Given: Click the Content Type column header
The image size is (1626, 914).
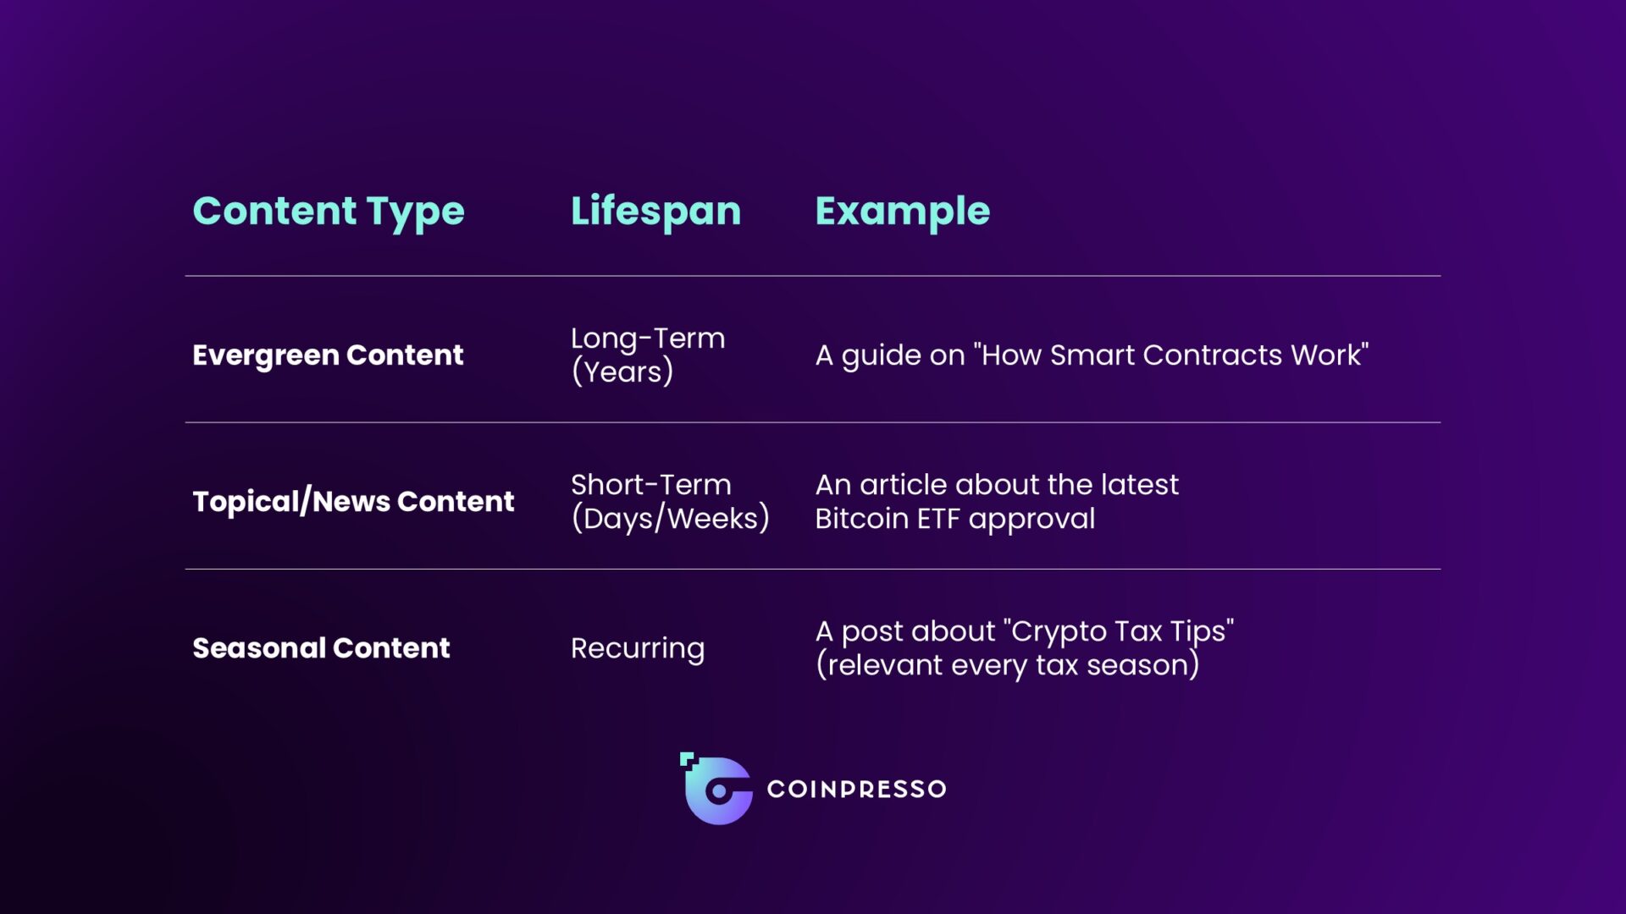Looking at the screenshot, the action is pos(329,212).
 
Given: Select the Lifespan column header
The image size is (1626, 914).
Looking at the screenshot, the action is pos(655,212).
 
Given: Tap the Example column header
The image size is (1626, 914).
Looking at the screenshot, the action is pos(902,212).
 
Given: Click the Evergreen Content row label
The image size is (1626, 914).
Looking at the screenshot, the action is pos(328,355).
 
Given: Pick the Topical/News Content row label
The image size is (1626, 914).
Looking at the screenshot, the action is pos(353,502).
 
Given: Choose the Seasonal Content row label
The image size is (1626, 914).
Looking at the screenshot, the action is pos(321,648).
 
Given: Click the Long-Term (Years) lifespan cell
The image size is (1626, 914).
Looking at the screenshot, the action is pos(648,355).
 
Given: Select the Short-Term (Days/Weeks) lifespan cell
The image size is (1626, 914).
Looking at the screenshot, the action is pos(670,502).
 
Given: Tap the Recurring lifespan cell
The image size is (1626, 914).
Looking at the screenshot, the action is pos(638,649).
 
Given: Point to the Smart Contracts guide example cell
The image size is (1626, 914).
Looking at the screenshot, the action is pos(1092,355).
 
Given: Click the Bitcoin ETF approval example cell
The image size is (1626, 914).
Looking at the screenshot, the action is pos(997,502).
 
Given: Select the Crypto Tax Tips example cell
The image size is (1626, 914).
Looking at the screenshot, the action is pos(1025,648).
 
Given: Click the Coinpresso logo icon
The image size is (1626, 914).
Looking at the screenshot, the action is pos(716,789).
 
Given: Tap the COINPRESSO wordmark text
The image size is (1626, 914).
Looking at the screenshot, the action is pos(856,790).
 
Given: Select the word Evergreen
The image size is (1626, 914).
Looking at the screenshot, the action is pos(266,355).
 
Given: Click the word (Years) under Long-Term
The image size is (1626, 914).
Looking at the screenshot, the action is pos(622,372).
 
